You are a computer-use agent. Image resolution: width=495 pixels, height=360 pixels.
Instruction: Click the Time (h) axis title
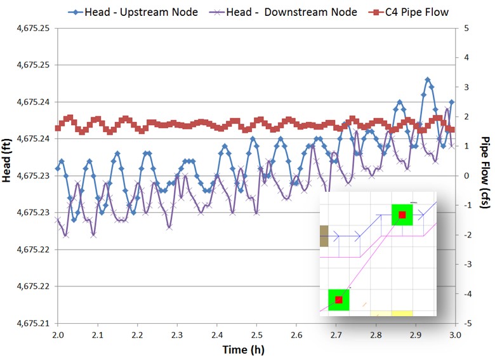pos(243,349)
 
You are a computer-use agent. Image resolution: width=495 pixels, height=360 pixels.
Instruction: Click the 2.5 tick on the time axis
pos(256,333)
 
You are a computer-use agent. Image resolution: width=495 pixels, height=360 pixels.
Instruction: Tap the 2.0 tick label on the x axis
pos(58,333)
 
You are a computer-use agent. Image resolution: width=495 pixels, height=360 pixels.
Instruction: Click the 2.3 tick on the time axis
pos(177,333)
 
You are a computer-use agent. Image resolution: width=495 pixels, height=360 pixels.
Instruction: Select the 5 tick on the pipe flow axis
pos(466,28)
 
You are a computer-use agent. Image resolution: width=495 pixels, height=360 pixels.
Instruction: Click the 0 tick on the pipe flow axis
pos(466,176)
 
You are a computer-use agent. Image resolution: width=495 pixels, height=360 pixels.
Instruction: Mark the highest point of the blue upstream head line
pos(428,80)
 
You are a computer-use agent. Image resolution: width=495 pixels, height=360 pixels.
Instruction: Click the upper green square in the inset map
pos(402,215)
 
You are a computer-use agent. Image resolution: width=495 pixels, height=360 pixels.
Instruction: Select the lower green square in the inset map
pos(339,300)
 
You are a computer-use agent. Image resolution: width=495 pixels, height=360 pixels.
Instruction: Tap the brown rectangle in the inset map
pos(324,236)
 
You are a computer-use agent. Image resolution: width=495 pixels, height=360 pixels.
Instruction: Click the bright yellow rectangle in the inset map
pos(402,313)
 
